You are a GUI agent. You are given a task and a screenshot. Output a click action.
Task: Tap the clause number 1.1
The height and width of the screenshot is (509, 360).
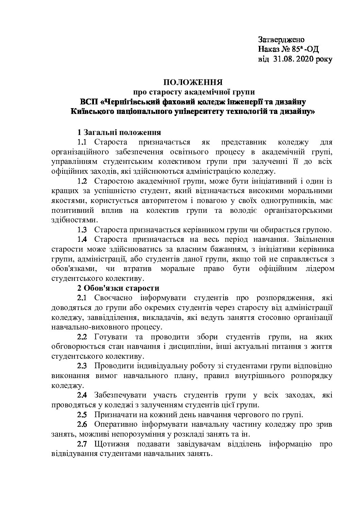pos(83,141)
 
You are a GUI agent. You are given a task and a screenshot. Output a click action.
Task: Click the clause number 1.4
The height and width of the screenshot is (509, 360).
pos(82,239)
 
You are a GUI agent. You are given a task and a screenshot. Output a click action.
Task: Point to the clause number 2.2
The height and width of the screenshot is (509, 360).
pos(82,337)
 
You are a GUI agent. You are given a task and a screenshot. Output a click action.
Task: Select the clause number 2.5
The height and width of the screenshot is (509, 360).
pos(82,415)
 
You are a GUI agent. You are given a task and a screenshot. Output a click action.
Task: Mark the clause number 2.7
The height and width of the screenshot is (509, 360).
pos(82,444)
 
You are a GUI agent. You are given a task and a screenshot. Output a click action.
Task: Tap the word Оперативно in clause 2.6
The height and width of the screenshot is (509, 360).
pos(115,425)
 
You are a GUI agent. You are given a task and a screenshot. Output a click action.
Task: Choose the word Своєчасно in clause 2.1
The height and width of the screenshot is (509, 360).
pos(110,298)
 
